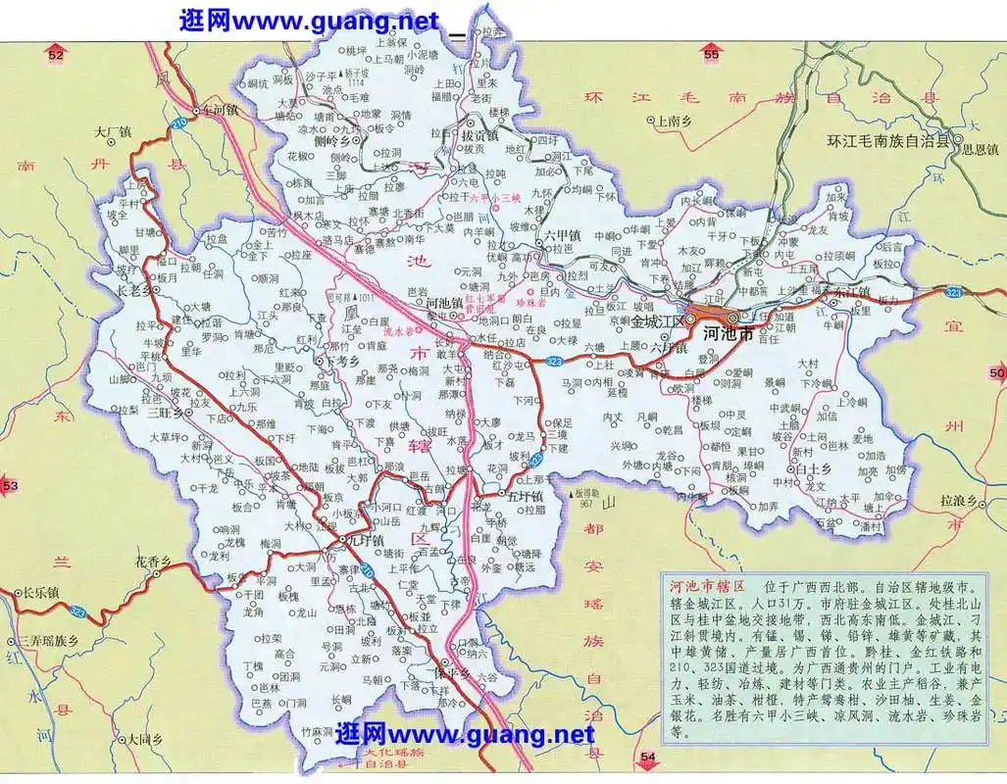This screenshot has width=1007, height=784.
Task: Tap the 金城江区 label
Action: click(x=658, y=320)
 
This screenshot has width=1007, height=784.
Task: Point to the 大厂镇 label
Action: click(x=113, y=130)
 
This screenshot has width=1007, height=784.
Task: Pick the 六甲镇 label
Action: click(x=564, y=235)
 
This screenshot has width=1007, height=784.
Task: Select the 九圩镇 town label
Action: click(x=364, y=541)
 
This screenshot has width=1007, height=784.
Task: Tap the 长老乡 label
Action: click(x=136, y=290)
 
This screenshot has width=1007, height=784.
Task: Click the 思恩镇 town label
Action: click(x=978, y=150)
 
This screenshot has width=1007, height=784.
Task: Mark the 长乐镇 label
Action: click(x=42, y=592)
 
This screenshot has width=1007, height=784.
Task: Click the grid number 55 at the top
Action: click(x=711, y=57)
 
